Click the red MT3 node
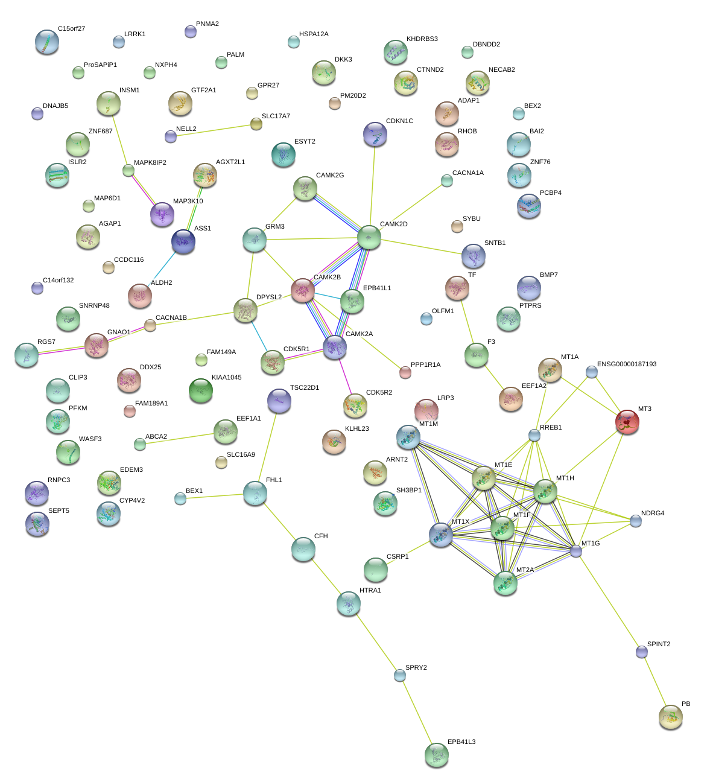point(627,422)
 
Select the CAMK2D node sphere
point(369,237)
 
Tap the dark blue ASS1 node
point(183,241)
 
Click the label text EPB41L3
point(461,742)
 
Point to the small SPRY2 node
point(400,675)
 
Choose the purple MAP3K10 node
point(162,214)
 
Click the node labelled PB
point(671,717)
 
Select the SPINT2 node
point(642,652)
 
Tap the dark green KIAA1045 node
point(200,391)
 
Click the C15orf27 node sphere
point(47,42)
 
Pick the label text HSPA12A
point(314,34)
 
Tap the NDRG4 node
point(636,521)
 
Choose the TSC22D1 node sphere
point(279,401)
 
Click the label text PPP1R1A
point(425,365)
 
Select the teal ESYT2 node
point(284,154)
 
